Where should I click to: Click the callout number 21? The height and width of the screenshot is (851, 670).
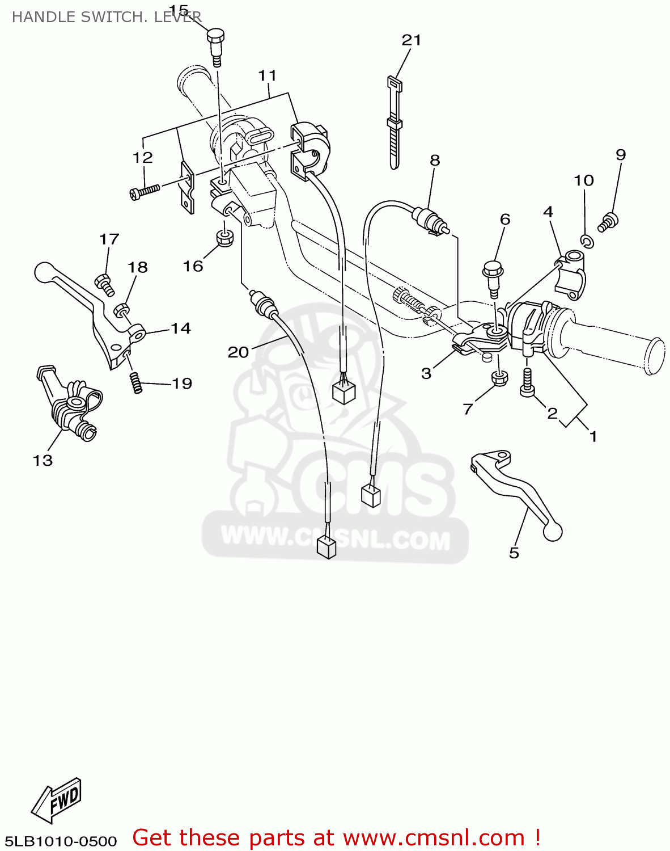pyautogui.click(x=412, y=40)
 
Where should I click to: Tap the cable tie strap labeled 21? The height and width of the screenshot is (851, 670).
pyautogui.click(x=395, y=123)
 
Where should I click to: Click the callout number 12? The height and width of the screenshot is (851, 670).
pyautogui.click(x=143, y=157)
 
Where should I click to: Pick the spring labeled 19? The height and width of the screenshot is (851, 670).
pyautogui.click(x=136, y=383)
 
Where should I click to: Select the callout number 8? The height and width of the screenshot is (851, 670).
pyautogui.click(x=435, y=160)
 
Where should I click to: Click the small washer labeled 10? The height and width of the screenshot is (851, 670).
pyautogui.click(x=587, y=241)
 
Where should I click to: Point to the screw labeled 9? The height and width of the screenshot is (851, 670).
pyautogui.click(x=608, y=222)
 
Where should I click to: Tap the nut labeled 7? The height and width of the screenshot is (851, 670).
pyautogui.click(x=500, y=378)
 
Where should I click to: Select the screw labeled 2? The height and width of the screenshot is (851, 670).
pyautogui.click(x=527, y=382)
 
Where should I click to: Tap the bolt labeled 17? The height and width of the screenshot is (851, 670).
pyautogui.click(x=105, y=285)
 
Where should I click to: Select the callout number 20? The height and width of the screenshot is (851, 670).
pyautogui.click(x=238, y=352)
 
